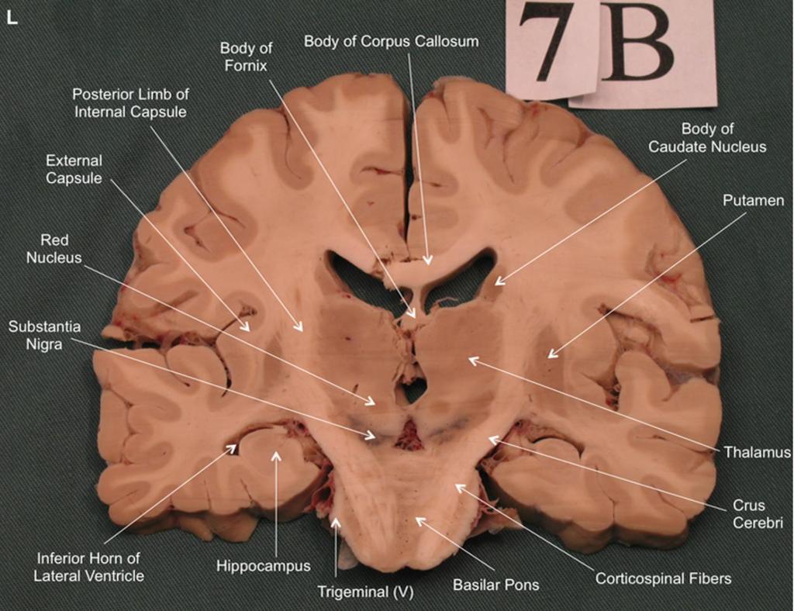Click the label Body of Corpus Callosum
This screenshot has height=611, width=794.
(x=391, y=41)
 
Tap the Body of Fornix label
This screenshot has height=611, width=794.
(x=246, y=57)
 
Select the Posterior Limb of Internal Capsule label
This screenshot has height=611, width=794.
(x=130, y=103)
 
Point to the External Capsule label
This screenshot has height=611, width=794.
(x=74, y=169)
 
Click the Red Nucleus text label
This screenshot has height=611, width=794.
(x=54, y=249)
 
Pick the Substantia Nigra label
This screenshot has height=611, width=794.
(x=44, y=335)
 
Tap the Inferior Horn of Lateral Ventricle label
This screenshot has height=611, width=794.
(x=88, y=567)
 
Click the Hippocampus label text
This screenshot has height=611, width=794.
(x=264, y=566)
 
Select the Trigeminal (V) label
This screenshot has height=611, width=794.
(x=365, y=592)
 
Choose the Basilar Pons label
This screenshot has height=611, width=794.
(x=495, y=585)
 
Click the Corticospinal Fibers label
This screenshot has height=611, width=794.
(x=663, y=578)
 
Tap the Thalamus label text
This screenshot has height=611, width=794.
(x=757, y=451)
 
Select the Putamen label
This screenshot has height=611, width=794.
(x=753, y=201)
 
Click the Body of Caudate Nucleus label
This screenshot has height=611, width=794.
(x=707, y=138)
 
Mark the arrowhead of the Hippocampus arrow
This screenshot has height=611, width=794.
(x=276, y=456)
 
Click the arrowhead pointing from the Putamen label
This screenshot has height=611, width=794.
(x=553, y=353)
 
